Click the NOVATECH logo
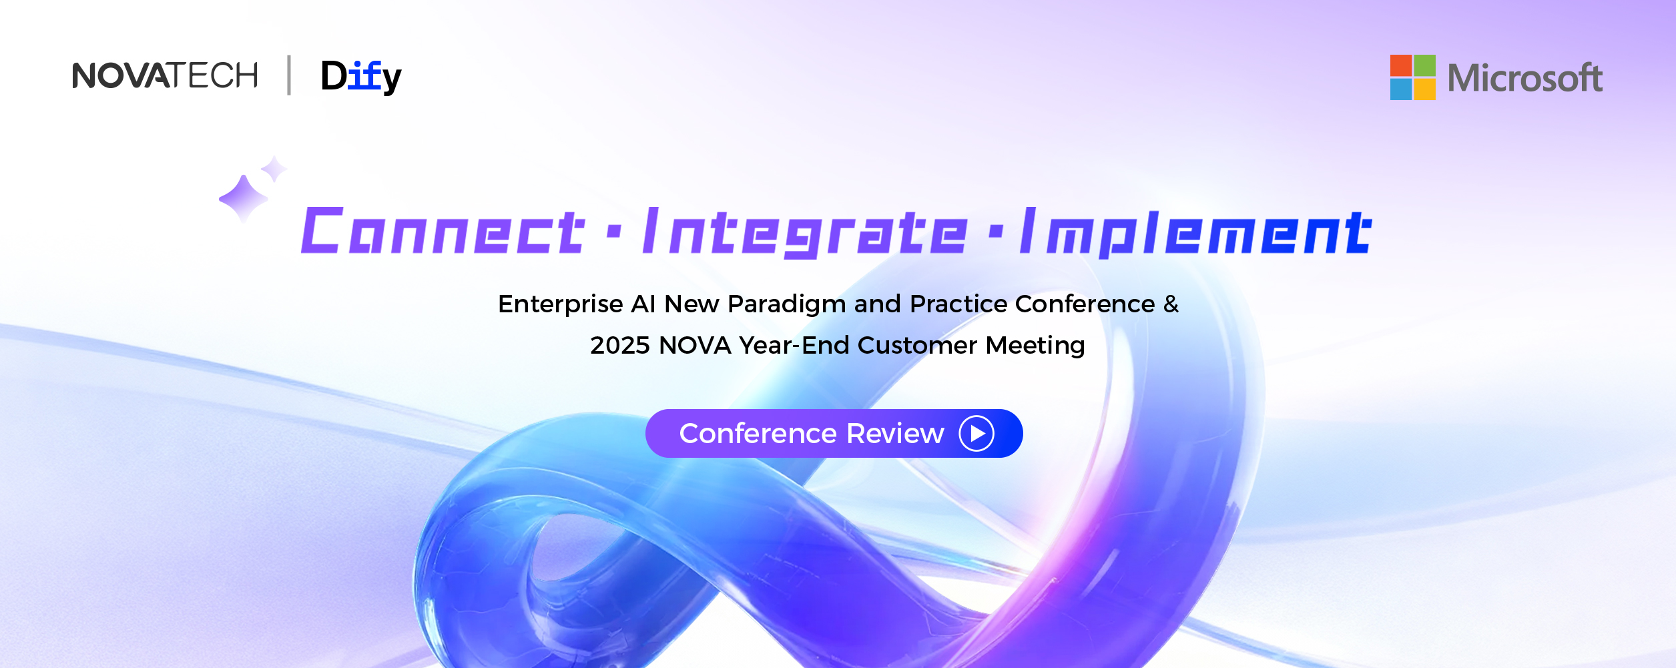[x=165, y=75]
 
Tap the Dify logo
[x=361, y=77]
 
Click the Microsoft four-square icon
[x=1412, y=77]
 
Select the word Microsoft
[x=1524, y=78]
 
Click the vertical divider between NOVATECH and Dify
[x=289, y=75]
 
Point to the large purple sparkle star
[x=243, y=198]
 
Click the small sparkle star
[x=274, y=169]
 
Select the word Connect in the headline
[x=443, y=231]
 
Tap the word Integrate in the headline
[x=805, y=232]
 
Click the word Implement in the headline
[x=1195, y=232]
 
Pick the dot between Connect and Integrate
[x=615, y=232]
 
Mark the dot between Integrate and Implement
[x=996, y=232]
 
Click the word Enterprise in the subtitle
[x=561, y=304]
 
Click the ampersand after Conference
[x=1171, y=304]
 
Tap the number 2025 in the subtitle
[x=620, y=346]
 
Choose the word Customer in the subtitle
[x=918, y=346]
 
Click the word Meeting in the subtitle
[x=1035, y=346]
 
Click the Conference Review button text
[x=812, y=434]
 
